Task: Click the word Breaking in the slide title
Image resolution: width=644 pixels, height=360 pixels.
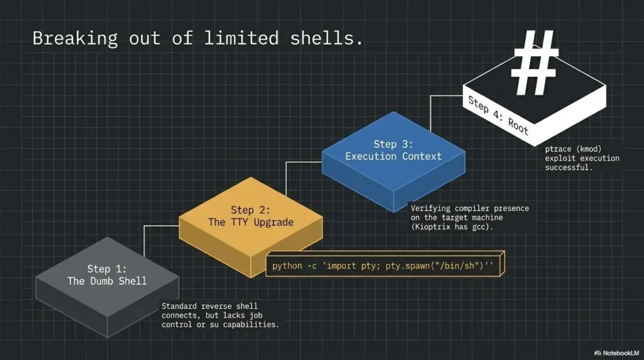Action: tap(75, 38)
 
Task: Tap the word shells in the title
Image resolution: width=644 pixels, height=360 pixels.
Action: tap(321, 38)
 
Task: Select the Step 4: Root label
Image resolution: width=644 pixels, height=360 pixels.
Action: tap(499, 115)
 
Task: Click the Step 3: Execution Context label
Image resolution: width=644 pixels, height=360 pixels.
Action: tap(394, 150)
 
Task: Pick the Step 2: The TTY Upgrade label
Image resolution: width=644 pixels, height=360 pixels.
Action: tap(250, 217)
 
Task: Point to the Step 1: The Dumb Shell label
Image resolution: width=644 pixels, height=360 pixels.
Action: tap(107, 275)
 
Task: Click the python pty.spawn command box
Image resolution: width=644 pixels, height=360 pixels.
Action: tap(386, 264)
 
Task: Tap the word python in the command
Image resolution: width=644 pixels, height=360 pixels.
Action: tap(287, 266)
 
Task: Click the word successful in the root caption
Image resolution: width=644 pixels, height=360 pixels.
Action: tap(569, 167)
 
